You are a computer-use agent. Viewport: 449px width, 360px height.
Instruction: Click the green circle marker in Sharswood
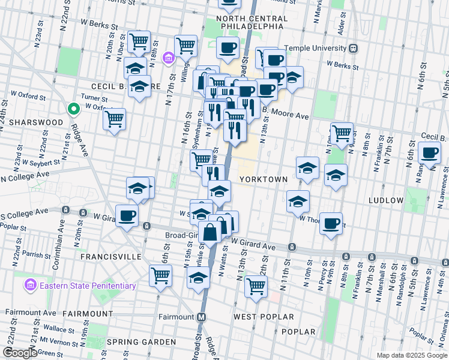point(73,109)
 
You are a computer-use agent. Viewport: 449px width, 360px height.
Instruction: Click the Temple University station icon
point(354,48)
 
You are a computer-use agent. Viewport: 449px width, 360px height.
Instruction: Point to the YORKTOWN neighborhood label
point(264,179)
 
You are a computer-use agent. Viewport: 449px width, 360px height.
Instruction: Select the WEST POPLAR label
point(264,316)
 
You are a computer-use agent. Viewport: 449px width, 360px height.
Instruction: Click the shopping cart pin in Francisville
point(160,275)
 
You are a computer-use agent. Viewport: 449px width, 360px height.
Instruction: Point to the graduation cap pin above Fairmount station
point(199,277)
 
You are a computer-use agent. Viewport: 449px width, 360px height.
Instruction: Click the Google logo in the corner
point(19,353)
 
